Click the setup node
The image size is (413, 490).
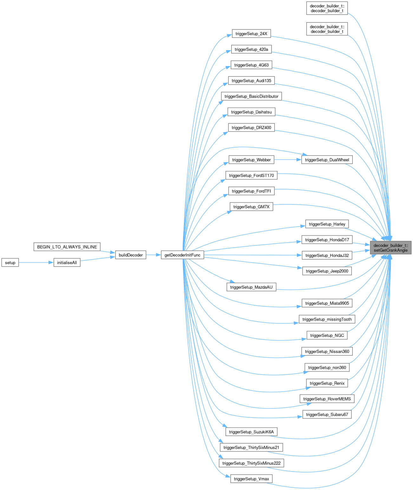(10, 262)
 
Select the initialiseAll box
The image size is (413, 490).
(67, 262)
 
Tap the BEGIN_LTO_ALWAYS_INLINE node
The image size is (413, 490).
(67, 247)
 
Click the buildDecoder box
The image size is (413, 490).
(131, 255)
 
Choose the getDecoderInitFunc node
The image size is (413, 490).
(182, 255)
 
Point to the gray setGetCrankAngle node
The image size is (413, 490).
(390, 248)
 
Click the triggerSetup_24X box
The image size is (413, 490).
(251, 34)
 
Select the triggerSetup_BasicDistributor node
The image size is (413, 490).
(251, 96)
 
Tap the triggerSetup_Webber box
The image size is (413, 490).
(251, 160)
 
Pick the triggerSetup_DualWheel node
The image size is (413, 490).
(327, 160)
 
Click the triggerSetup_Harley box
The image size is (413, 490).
(327, 224)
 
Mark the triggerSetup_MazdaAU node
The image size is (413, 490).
(251, 287)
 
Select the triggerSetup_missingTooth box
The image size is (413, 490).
(327, 319)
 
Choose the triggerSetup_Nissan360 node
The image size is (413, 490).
(327, 351)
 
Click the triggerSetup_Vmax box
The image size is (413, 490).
(251, 479)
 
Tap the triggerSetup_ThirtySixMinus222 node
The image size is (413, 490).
(251, 463)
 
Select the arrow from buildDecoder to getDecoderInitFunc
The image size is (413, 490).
(154, 255)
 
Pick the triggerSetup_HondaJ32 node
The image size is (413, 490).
(327, 255)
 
